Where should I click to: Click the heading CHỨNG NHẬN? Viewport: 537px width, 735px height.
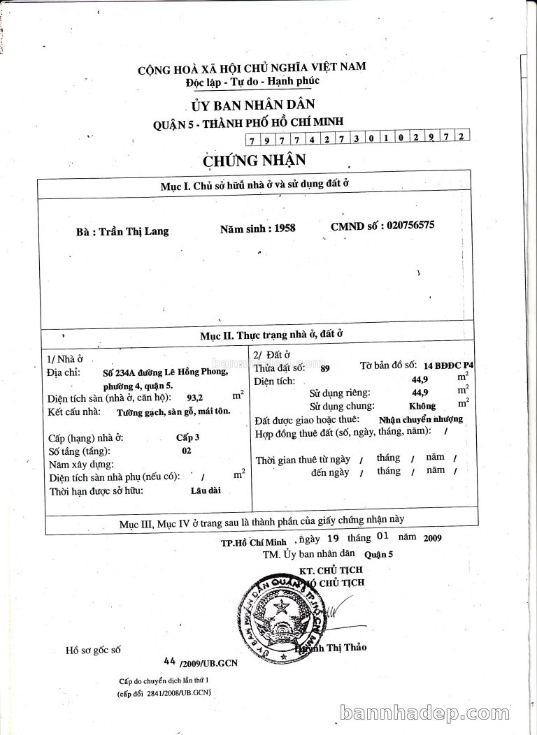(x=255, y=160)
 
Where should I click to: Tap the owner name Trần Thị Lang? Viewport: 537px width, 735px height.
(x=134, y=231)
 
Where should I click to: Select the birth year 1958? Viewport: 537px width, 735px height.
(x=285, y=228)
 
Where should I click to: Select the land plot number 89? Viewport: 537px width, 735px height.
(x=325, y=368)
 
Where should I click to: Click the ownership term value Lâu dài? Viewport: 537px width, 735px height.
(x=205, y=490)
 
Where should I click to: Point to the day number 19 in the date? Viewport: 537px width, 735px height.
(x=333, y=539)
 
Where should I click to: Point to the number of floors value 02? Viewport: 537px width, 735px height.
(x=186, y=451)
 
